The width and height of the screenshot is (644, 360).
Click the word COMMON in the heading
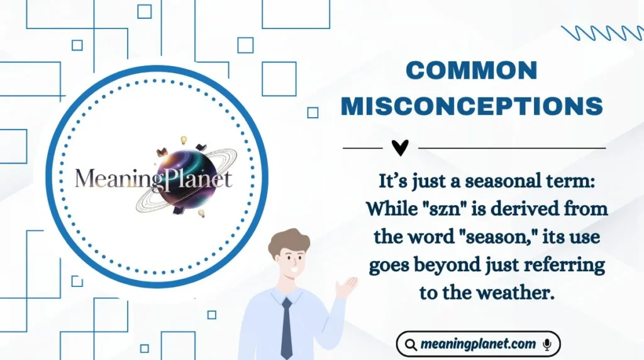click(x=472, y=70)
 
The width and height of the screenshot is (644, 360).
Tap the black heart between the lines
click(x=399, y=148)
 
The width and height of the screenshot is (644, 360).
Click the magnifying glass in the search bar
click(x=411, y=344)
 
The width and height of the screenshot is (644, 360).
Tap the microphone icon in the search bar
click(x=547, y=344)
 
